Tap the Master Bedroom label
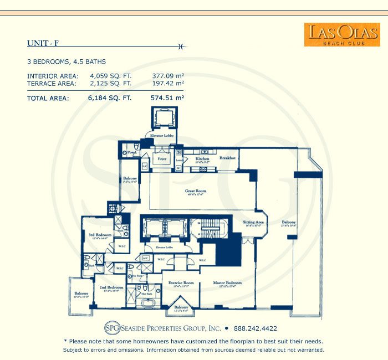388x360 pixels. click(x=227, y=283)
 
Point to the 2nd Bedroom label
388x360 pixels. click(x=111, y=287)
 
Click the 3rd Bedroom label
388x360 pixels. click(x=100, y=235)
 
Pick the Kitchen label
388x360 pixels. click(x=202, y=159)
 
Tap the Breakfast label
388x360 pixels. click(x=227, y=158)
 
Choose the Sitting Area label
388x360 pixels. click(x=253, y=222)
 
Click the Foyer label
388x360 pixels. click(x=162, y=159)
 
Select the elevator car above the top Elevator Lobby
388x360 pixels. click(x=163, y=118)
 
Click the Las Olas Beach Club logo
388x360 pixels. click(x=334, y=34)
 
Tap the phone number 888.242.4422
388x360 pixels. click(x=256, y=328)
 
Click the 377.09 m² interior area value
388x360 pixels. click(x=167, y=76)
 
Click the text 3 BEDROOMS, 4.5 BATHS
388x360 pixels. click(x=66, y=61)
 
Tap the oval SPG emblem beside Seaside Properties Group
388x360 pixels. click(x=113, y=328)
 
